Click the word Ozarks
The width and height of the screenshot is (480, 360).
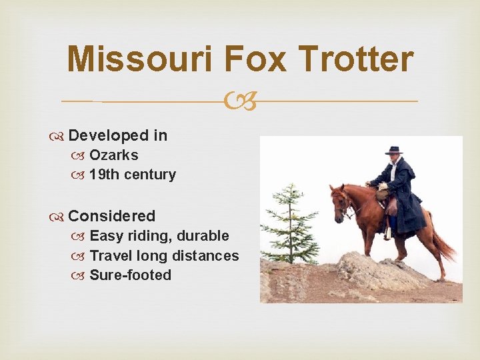(114, 155)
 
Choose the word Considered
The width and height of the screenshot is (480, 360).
(111, 216)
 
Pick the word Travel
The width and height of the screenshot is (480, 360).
(110, 255)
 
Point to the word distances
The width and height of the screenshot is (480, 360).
(205, 255)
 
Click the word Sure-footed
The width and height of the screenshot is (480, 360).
(130, 275)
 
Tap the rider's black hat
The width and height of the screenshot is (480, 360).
(394, 150)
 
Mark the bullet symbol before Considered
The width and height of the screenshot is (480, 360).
(59, 217)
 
